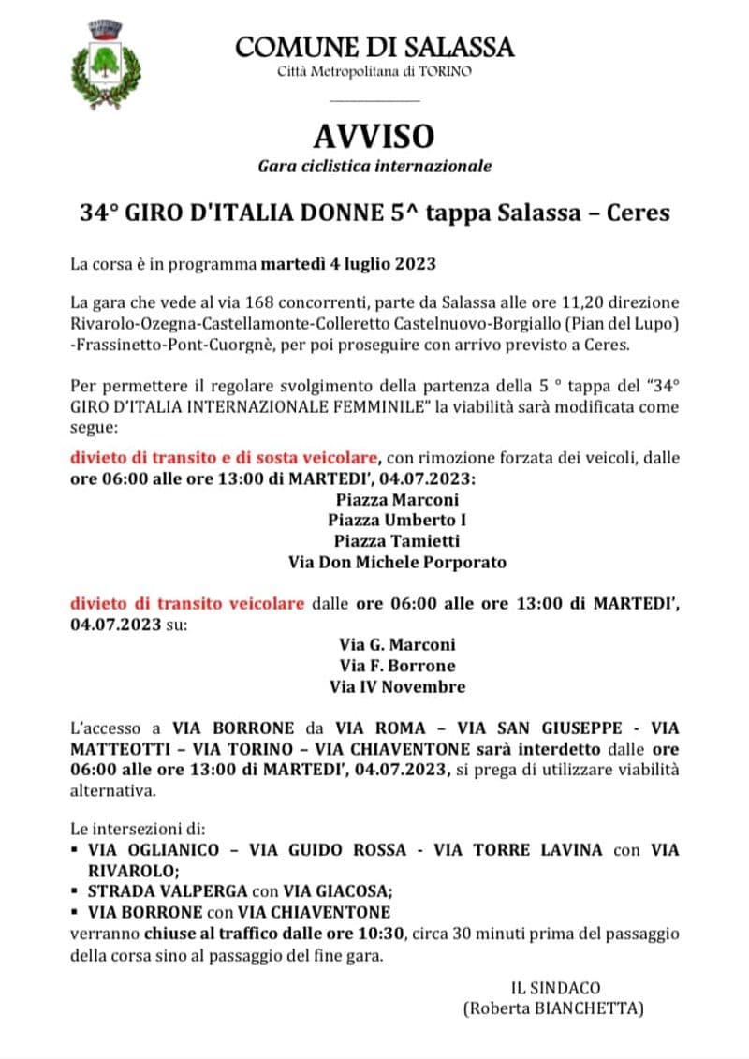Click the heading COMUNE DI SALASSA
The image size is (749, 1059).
click(x=374, y=46)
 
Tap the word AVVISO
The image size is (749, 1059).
click(x=374, y=137)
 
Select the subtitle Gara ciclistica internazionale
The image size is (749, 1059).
click(x=374, y=167)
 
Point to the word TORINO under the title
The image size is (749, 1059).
click(x=445, y=71)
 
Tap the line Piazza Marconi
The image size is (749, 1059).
click(x=398, y=499)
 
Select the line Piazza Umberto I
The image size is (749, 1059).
click(x=398, y=520)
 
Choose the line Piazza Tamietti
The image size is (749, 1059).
click(x=398, y=541)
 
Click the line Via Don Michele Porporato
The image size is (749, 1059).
click(x=398, y=562)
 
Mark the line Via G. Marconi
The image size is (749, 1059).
click(x=398, y=645)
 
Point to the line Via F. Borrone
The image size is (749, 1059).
click(x=398, y=666)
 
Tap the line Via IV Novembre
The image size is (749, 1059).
click(x=398, y=686)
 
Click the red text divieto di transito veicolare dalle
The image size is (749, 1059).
click(x=187, y=603)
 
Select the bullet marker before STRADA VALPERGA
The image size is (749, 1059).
click(x=74, y=891)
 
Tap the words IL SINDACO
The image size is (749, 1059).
click(x=555, y=988)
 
